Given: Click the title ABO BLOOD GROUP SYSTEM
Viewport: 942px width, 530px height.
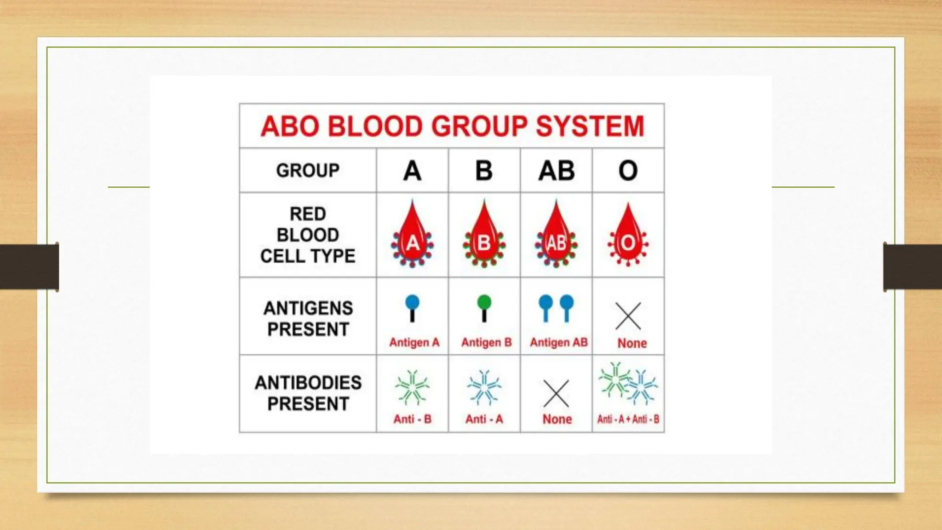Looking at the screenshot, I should point(452,126).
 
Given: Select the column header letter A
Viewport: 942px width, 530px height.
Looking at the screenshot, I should point(412,171).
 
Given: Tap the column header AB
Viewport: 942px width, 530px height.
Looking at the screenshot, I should point(557,171).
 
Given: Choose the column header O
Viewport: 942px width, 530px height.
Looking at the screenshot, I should point(628,171).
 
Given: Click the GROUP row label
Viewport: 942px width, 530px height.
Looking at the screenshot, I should point(308,171).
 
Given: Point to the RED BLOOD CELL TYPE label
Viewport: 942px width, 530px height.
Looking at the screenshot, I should point(308,235).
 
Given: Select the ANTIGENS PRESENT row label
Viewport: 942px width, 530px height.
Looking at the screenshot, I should point(308,318).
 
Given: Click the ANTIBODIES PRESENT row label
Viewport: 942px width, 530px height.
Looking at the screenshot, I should point(308,393).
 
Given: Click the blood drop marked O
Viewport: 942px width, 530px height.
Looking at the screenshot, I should point(628,237).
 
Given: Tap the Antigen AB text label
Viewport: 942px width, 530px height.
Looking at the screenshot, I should point(558,342).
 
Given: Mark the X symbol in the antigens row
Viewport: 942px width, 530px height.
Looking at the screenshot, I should point(628,316).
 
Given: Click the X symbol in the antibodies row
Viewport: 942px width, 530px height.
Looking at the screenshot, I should point(556,393).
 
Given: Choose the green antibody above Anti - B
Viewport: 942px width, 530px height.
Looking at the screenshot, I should point(412,388).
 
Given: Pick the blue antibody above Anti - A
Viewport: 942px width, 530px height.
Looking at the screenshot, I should point(484,388).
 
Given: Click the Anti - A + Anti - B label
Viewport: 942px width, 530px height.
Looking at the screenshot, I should point(628,419).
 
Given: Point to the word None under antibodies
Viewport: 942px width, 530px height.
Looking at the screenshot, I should point(557,419).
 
